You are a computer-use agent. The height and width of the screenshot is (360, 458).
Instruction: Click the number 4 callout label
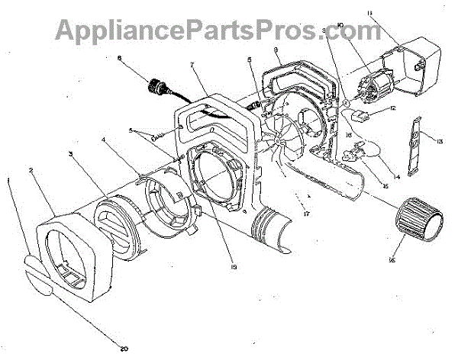pos(104,140)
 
